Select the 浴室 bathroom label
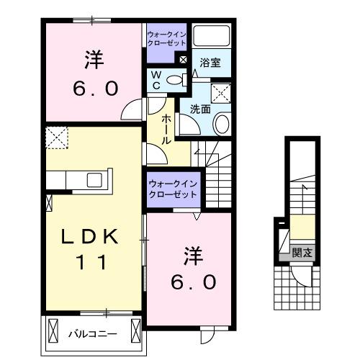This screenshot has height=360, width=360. [x=210, y=63]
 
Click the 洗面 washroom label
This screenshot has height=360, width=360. [x=200, y=109]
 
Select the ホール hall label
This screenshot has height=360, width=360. [x=166, y=129]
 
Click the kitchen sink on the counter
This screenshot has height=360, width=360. [x=96, y=180]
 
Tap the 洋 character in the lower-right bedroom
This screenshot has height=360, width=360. [x=192, y=254]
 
